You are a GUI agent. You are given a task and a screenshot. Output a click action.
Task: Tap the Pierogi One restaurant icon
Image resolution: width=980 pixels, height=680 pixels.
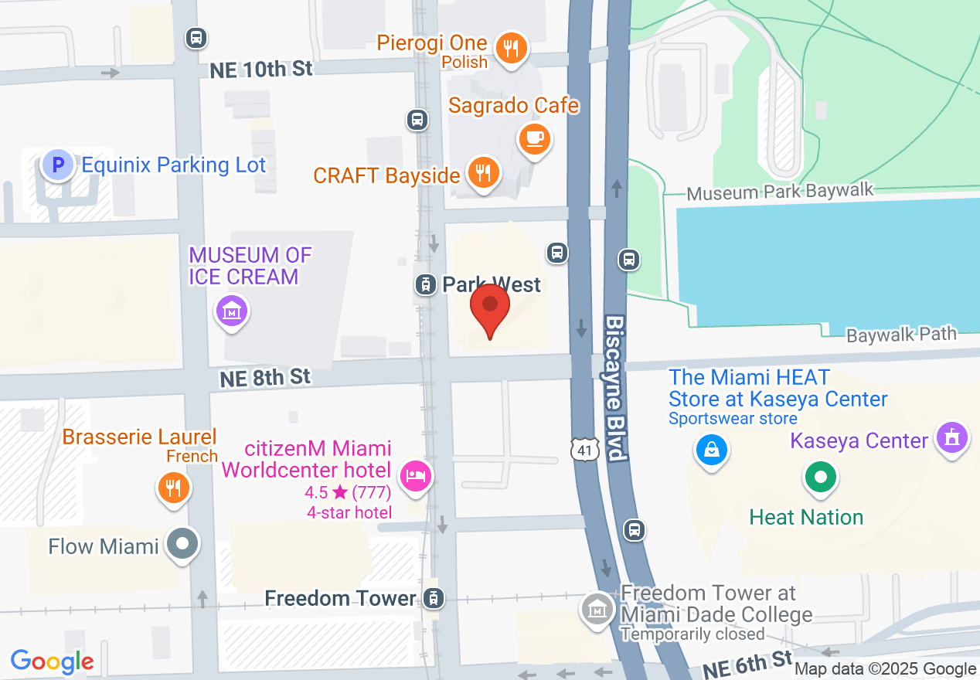[510, 48]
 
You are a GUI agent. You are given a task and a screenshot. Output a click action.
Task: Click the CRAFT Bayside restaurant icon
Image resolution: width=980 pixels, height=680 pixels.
[484, 172]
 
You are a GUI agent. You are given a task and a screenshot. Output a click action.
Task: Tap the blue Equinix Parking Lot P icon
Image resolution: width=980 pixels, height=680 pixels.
[57, 165]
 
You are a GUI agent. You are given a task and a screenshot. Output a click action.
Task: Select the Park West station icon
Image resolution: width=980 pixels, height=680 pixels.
[424, 284]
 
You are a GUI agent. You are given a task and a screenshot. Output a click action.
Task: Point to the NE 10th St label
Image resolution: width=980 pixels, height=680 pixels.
[261, 70]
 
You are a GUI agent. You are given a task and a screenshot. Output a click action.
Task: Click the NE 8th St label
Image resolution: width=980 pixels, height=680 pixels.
[265, 378]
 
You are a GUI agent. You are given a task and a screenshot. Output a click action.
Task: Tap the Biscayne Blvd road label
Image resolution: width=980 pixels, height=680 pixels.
[615, 388]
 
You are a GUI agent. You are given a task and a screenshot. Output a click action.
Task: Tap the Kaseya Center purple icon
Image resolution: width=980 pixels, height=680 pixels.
[951, 437]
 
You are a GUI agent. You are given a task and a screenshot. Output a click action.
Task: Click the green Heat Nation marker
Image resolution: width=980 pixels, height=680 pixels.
[821, 476]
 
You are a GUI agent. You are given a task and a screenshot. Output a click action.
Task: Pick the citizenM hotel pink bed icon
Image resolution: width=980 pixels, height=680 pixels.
[417, 474]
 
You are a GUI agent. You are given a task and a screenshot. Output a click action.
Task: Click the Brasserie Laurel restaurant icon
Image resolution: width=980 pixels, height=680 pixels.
[174, 488]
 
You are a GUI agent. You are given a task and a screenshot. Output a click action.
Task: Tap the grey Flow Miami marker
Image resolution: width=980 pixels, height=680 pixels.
[183, 545]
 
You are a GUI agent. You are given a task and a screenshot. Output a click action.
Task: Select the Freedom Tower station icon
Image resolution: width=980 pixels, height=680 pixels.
[433, 598]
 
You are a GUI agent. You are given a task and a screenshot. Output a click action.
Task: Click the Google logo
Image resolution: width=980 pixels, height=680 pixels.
[53, 661]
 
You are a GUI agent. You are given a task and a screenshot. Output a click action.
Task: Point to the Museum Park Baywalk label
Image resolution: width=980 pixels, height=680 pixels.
[780, 192]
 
